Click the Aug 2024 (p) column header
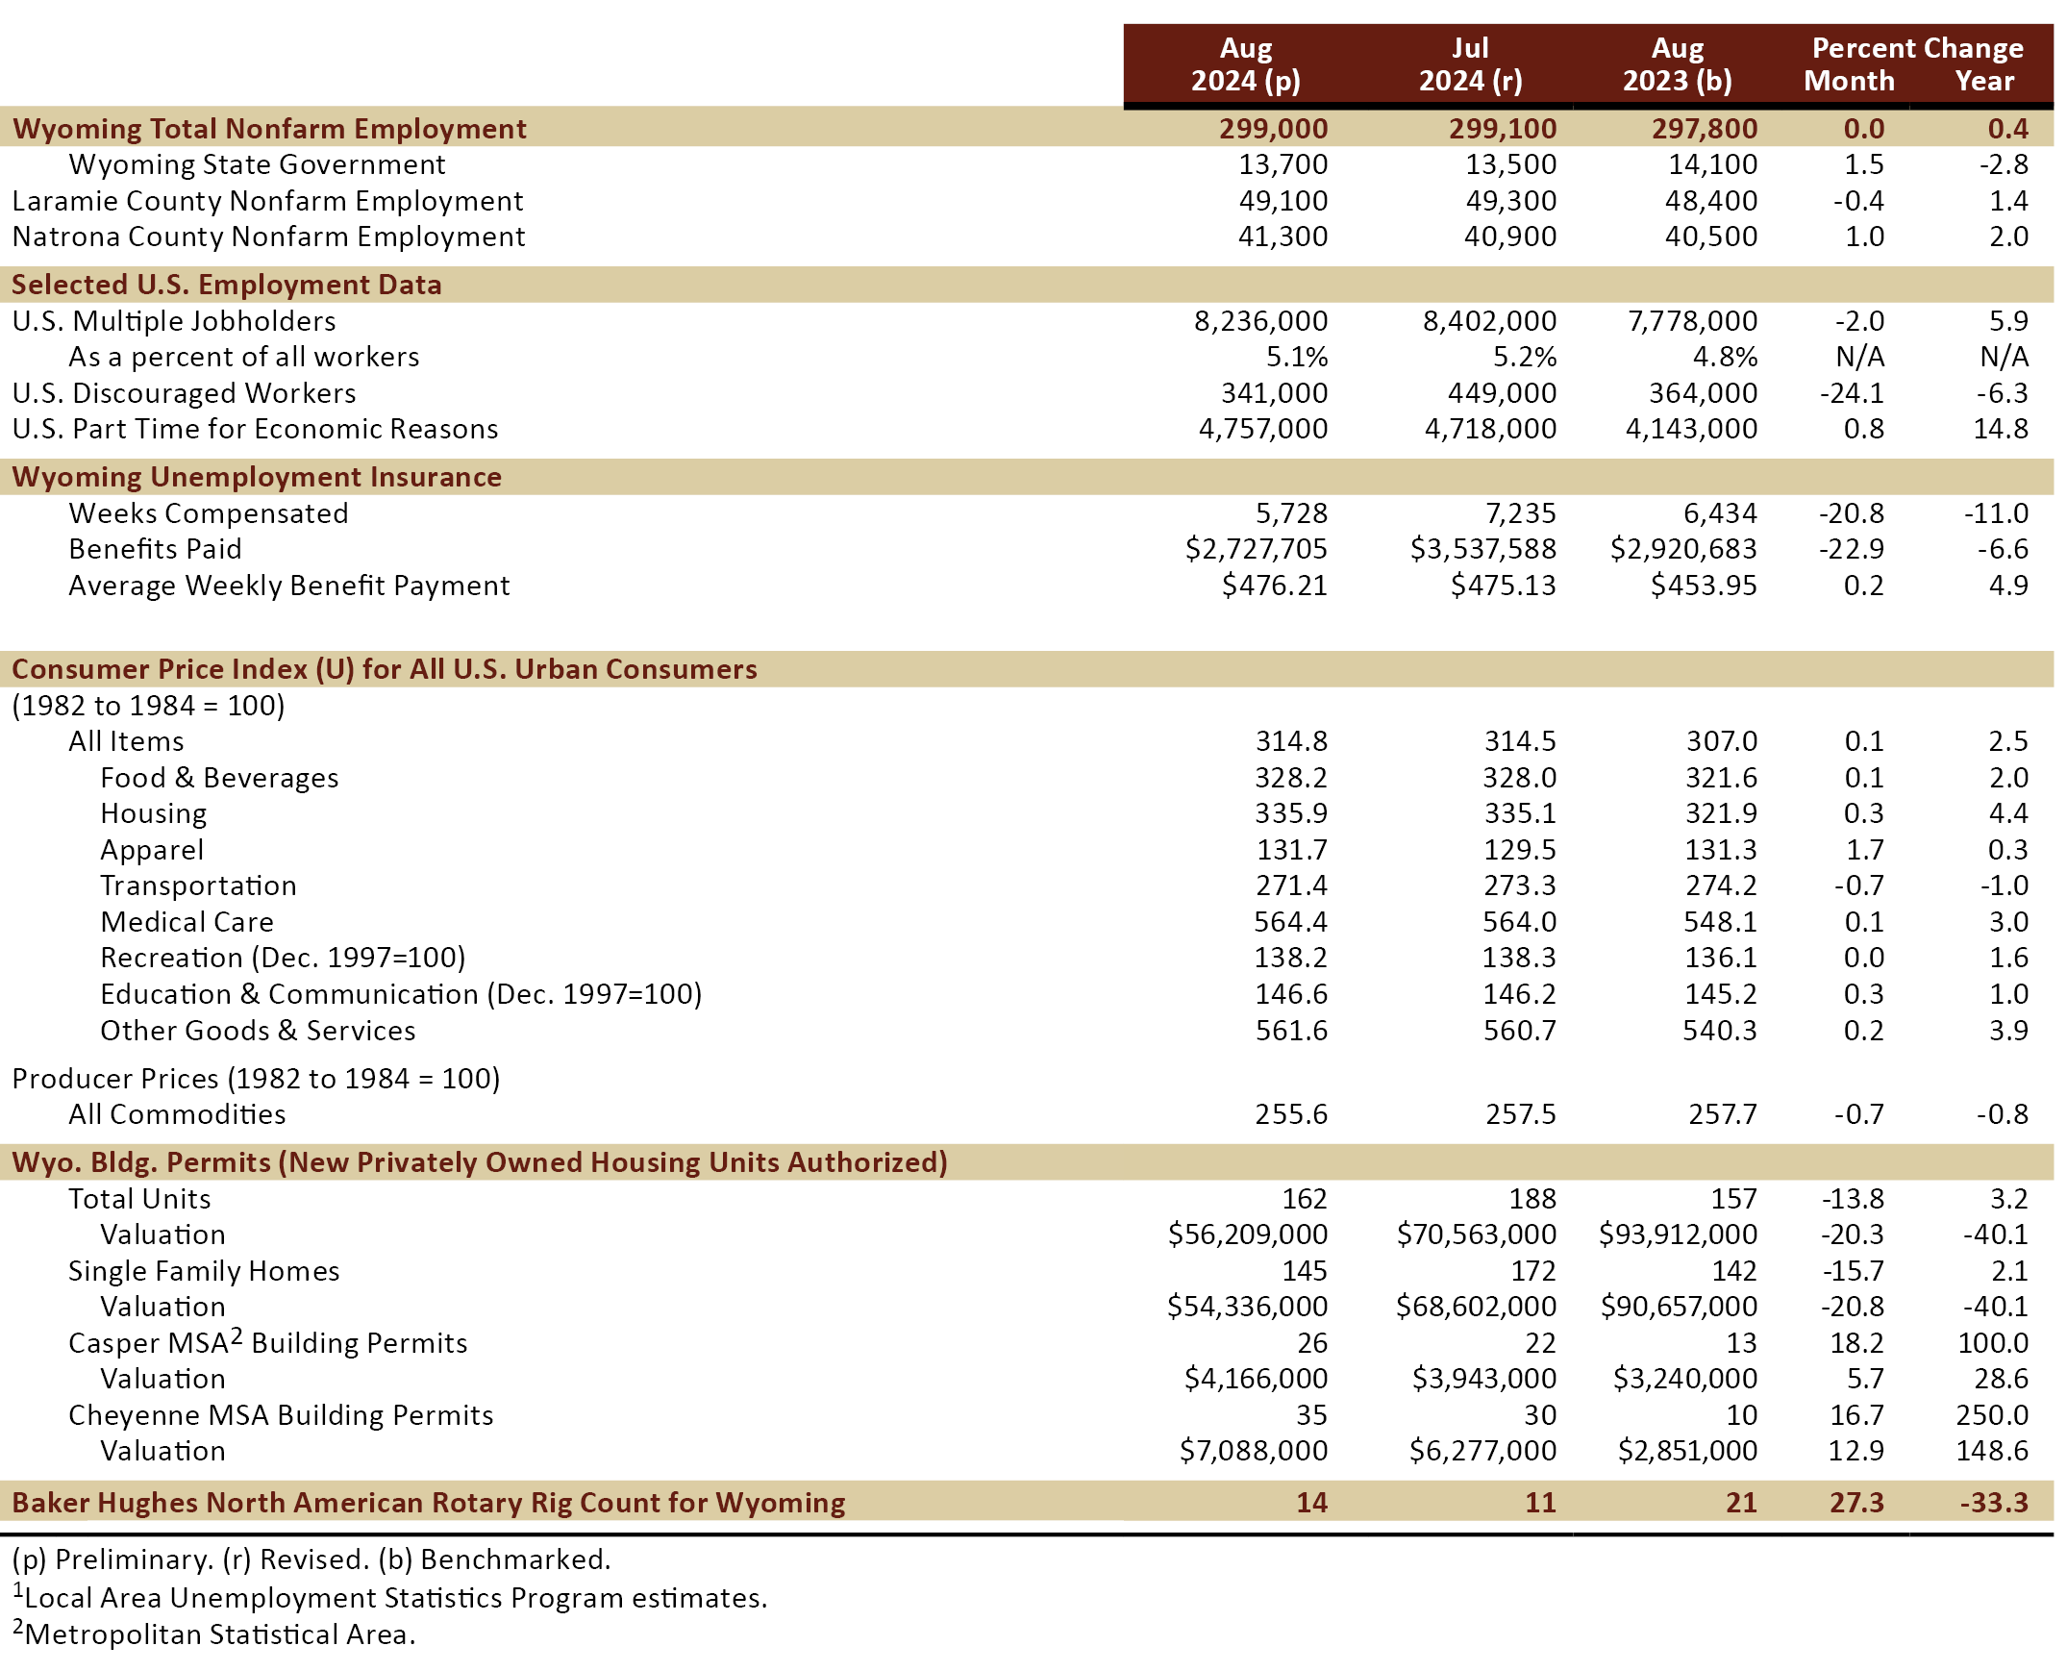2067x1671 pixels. (x=1246, y=64)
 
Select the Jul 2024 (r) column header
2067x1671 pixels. (x=1470, y=64)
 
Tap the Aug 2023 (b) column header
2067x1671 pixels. (x=1678, y=64)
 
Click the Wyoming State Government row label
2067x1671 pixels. (x=257, y=164)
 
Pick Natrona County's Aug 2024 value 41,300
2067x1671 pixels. (x=1283, y=237)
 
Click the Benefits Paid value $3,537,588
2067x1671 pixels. (x=1482, y=550)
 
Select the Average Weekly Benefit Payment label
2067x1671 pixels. (x=288, y=586)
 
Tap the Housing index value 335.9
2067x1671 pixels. (x=1290, y=814)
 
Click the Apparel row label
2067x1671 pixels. (x=152, y=851)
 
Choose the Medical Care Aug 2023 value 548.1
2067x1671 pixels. (x=1721, y=922)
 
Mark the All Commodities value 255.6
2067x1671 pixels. (x=1290, y=1114)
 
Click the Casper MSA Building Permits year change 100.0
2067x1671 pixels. (x=1993, y=1344)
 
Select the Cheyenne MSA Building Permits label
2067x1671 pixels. (x=281, y=1416)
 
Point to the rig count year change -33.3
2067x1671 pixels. (x=1994, y=1504)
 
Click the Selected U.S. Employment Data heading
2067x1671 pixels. (x=226, y=285)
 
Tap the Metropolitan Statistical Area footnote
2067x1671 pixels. (x=213, y=1634)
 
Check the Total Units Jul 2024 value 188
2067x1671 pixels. (x=1532, y=1199)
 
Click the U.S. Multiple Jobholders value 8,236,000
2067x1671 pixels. (x=1260, y=321)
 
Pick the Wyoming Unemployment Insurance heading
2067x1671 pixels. (x=257, y=478)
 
